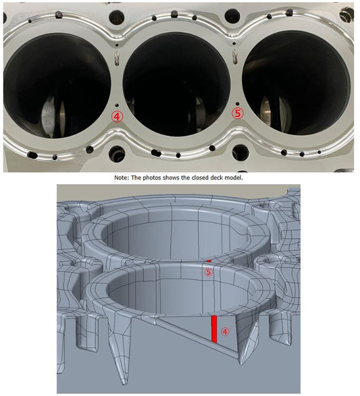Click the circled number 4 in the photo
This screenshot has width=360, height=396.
(117, 117)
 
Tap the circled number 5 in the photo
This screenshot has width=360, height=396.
(238, 114)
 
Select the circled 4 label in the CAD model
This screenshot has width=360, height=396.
(226, 332)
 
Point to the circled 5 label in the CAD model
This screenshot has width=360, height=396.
(209, 273)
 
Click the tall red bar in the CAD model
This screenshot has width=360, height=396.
(214, 329)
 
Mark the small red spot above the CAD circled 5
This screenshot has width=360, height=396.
(209, 260)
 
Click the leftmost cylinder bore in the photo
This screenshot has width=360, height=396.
(57, 86)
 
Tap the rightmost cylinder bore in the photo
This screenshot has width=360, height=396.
(297, 82)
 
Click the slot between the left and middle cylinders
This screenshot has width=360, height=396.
(117, 57)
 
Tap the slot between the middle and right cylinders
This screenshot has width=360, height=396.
(235, 57)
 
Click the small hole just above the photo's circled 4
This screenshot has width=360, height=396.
(117, 105)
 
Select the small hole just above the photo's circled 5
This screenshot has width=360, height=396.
(237, 103)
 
